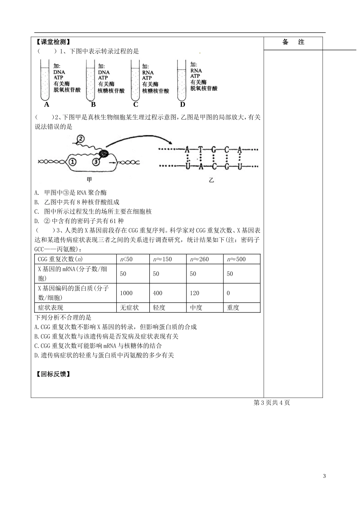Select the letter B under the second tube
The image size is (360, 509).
tap(93, 105)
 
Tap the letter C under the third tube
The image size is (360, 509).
tap(136, 105)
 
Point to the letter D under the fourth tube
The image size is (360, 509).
tap(183, 105)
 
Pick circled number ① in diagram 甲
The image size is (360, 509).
tap(72, 162)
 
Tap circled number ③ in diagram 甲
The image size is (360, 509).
tap(97, 162)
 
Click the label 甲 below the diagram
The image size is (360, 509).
tap(89, 180)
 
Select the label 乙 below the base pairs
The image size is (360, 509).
tap(211, 180)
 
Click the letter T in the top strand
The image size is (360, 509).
tap(200, 150)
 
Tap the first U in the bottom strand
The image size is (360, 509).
tap(187, 166)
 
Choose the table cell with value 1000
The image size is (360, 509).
tap(126, 293)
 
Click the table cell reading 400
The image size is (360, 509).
tap(158, 293)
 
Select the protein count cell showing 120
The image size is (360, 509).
tap(195, 293)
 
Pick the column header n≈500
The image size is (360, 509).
tap(236, 259)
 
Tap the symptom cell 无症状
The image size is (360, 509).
tap(129, 308)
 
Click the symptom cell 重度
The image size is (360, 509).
tap(233, 308)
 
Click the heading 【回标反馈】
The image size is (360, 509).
tap(53, 374)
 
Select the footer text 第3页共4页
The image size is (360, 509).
tap(272, 403)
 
